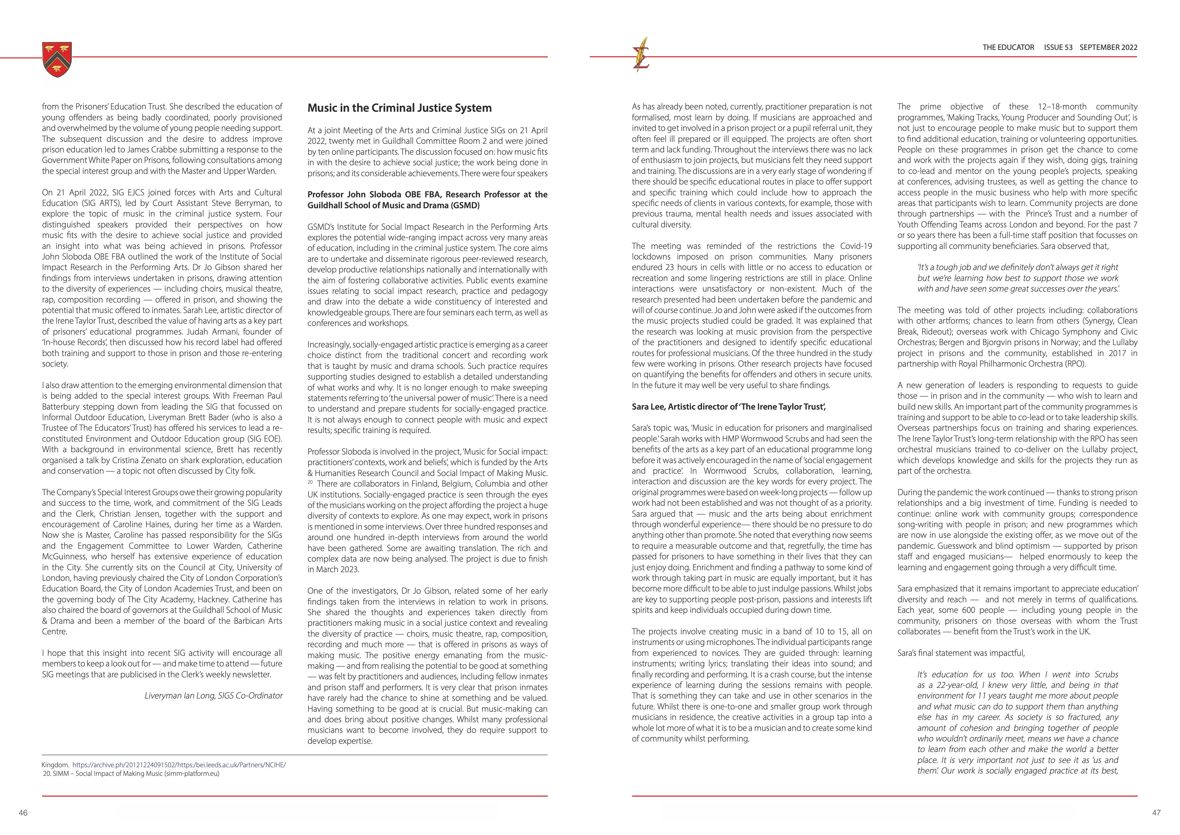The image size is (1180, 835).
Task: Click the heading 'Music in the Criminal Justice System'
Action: [x=399, y=108]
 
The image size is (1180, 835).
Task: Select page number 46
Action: [x=23, y=813]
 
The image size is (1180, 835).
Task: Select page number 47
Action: [x=1156, y=813]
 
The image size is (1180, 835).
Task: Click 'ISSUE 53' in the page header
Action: [x=1058, y=47]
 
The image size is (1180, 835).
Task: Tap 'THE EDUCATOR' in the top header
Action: [x=1008, y=47]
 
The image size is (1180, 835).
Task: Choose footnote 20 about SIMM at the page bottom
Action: [x=131, y=773]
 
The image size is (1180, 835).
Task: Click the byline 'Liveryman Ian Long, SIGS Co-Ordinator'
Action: [x=213, y=696]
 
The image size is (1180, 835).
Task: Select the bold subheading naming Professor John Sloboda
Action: [x=427, y=200]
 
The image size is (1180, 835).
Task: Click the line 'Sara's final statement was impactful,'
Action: [x=961, y=653]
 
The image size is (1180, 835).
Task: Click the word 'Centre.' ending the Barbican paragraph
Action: [x=55, y=631]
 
